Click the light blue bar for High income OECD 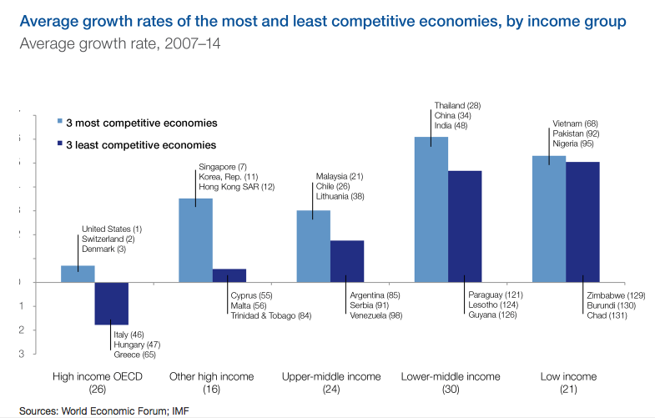pyautogui.click(x=78, y=274)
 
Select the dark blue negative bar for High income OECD pyautogui.click(x=111, y=303)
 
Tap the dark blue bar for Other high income pyautogui.click(x=229, y=275)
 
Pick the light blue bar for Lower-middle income pyautogui.click(x=431, y=209)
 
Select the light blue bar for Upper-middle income pyautogui.click(x=314, y=245)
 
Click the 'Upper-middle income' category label pyautogui.click(x=331, y=377)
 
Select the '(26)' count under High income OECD pyautogui.click(x=98, y=390)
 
